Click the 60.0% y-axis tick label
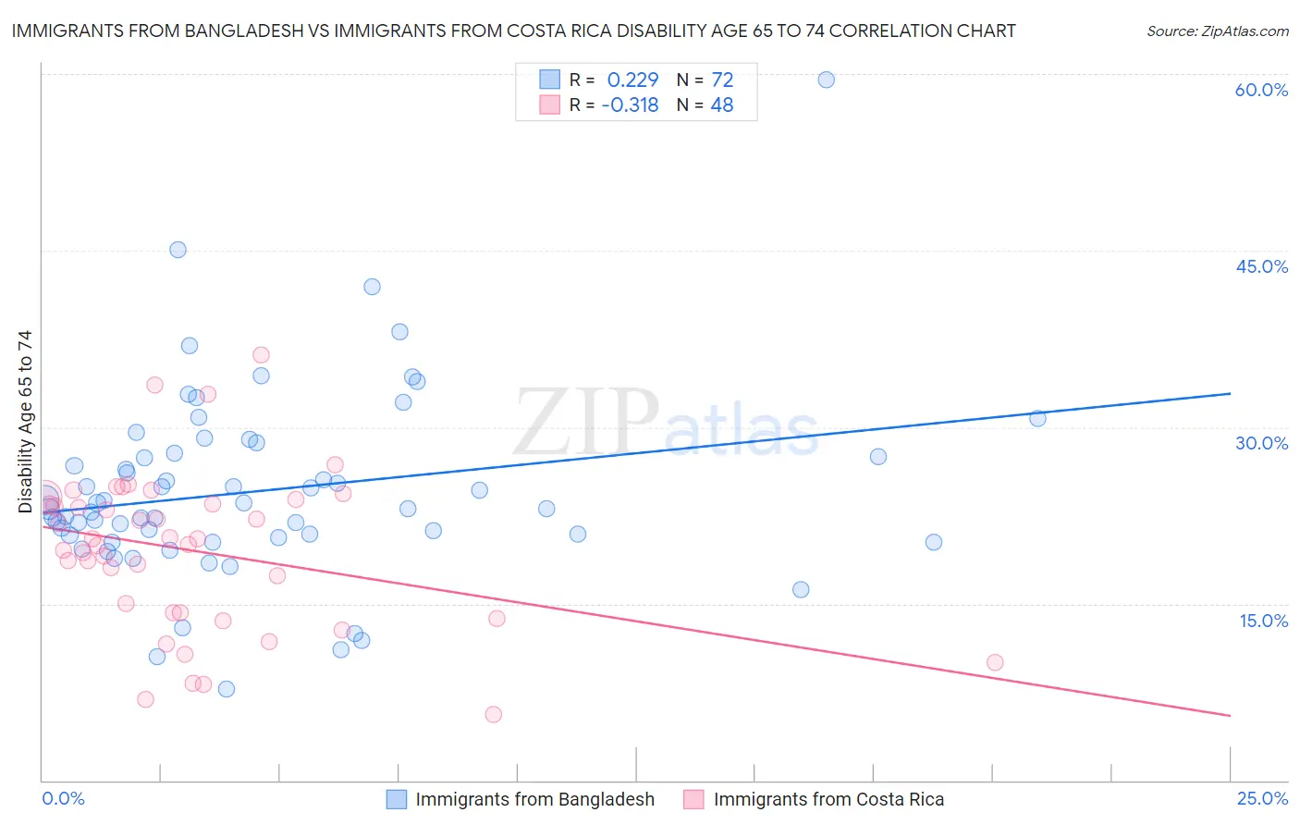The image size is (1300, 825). point(1261,90)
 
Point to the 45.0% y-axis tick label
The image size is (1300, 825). point(1261,266)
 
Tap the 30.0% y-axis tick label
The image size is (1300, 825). point(1261,443)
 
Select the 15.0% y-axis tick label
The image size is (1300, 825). point(1263,621)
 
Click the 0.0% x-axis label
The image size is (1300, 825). point(63,798)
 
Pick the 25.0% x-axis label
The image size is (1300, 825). point(1262,798)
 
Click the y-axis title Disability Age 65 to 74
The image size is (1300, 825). point(25,422)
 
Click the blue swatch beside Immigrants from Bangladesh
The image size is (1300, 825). point(397,799)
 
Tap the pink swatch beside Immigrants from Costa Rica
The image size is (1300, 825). point(693,799)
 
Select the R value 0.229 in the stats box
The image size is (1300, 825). point(632,80)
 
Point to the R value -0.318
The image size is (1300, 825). point(630,105)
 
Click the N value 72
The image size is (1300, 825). point(722,80)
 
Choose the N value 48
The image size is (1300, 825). point(722,105)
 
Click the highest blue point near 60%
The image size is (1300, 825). point(827,80)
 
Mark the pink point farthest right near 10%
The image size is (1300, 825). point(995,662)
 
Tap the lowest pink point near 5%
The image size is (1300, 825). point(494,714)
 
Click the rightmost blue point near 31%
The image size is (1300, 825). point(1037,419)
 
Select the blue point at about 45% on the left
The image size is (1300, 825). point(178,250)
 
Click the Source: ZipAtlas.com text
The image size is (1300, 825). point(1217,31)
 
